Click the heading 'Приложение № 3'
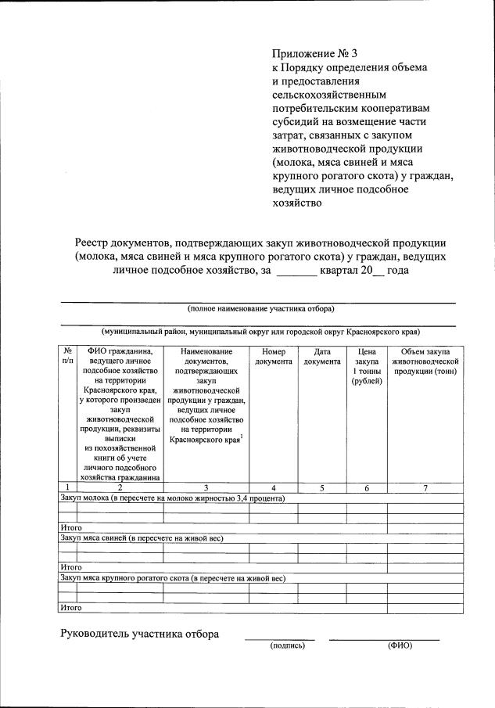point(314,54)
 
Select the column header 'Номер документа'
point(274,357)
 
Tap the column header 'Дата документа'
point(322,357)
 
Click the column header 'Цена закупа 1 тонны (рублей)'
point(366,366)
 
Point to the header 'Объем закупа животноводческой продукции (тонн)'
point(425,361)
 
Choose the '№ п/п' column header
point(67,357)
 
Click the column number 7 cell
point(425,488)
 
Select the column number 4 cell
point(274,488)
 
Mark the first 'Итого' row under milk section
point(71,528)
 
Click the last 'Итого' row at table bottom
point(71,607)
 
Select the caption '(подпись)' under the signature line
point(287,645)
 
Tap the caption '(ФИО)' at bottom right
point(400,645)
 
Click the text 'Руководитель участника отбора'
point(140,634)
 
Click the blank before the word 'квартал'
point(297,271)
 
